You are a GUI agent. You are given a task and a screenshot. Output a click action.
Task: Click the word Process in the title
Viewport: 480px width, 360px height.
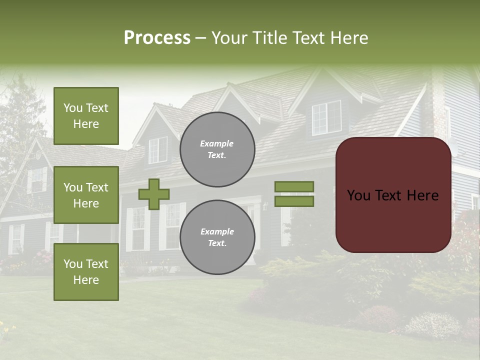157,38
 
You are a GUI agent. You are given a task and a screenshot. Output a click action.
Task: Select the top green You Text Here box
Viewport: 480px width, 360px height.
86,116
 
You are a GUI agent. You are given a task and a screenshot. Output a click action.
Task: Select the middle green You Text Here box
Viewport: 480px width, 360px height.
86,195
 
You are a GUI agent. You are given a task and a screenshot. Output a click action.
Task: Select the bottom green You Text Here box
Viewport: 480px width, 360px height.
86,272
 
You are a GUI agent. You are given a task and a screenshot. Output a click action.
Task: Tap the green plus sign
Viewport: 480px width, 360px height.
154,194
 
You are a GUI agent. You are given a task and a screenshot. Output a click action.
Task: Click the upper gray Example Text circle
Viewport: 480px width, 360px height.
217,149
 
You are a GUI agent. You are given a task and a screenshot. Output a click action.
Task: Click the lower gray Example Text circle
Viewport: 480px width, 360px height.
217,237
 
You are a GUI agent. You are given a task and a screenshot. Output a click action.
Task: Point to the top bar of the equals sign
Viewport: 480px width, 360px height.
294,186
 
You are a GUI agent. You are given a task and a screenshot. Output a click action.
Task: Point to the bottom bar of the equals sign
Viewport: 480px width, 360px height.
294,201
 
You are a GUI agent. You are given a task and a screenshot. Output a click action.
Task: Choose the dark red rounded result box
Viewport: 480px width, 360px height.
393,195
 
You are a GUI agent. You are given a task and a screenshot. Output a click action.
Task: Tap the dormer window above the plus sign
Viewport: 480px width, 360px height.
158,149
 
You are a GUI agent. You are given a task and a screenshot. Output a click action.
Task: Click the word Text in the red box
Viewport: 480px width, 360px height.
393,195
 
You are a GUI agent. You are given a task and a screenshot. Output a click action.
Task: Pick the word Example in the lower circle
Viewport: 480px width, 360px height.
217,231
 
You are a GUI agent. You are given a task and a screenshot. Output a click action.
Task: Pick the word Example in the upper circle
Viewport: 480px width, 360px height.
217,143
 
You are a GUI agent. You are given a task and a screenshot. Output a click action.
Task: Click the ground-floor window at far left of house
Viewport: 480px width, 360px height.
16,238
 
